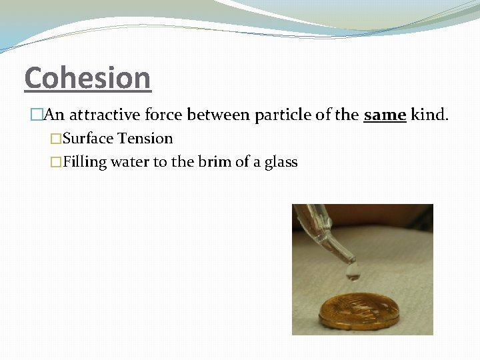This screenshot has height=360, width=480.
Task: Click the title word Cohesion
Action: pos(87,78)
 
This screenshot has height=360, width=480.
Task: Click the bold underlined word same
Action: pos(385,115)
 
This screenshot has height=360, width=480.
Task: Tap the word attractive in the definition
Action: pos(102,115)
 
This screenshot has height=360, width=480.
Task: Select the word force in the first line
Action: pos(161,115)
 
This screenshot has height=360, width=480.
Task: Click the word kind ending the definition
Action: pos(429,115)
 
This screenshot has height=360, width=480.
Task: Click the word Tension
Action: pos(145,139)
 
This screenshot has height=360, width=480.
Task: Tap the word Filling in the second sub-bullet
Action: pos(85,162)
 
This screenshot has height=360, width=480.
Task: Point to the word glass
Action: pos(281,163)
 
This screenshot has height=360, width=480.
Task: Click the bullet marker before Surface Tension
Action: pos(56,139)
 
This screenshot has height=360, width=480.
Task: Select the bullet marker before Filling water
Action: pos(56,162)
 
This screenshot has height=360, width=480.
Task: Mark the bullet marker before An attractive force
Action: pos(36,115)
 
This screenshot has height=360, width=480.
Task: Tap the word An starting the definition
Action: pos(54,115)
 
